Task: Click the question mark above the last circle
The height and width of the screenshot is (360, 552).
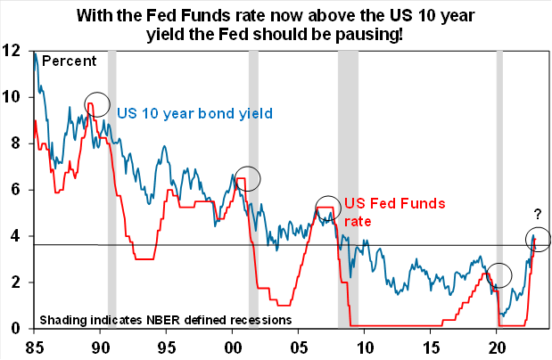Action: (x=537, y=214)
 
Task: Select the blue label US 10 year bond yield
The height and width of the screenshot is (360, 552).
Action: (x=194, y=113)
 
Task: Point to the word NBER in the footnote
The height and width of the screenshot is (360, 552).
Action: (x=153, y=318)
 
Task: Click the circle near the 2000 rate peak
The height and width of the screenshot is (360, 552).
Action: (x=247, y=177)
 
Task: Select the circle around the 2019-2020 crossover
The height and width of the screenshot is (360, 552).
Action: (x=500, y=274)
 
